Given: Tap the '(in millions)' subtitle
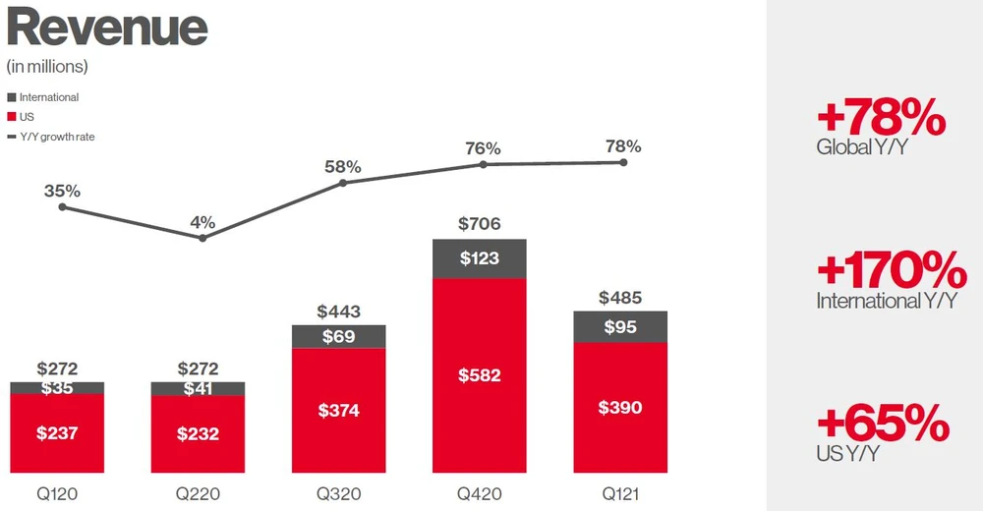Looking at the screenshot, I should pos(47,67).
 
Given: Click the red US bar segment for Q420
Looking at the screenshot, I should pos(480,374).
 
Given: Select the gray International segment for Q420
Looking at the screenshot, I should pos(480,258).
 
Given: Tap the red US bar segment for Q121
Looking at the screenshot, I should pos(620,406).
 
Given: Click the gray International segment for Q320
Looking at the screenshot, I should pos(339,336).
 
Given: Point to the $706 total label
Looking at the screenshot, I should pos(480,224).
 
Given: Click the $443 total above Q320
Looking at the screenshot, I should pos(339,312).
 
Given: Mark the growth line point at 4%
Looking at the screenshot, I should pos(202,238).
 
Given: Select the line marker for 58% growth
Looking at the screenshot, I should pos(343,182).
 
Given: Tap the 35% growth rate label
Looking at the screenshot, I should pos(62,190).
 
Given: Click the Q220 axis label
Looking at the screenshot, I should pos(199,492).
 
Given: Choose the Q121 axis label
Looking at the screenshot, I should pos(620,492).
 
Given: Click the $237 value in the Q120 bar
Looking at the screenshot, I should pos(58,433).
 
